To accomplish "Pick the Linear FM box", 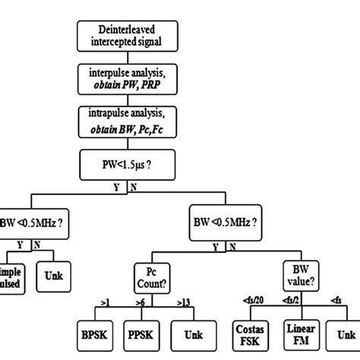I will coord(295,332).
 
